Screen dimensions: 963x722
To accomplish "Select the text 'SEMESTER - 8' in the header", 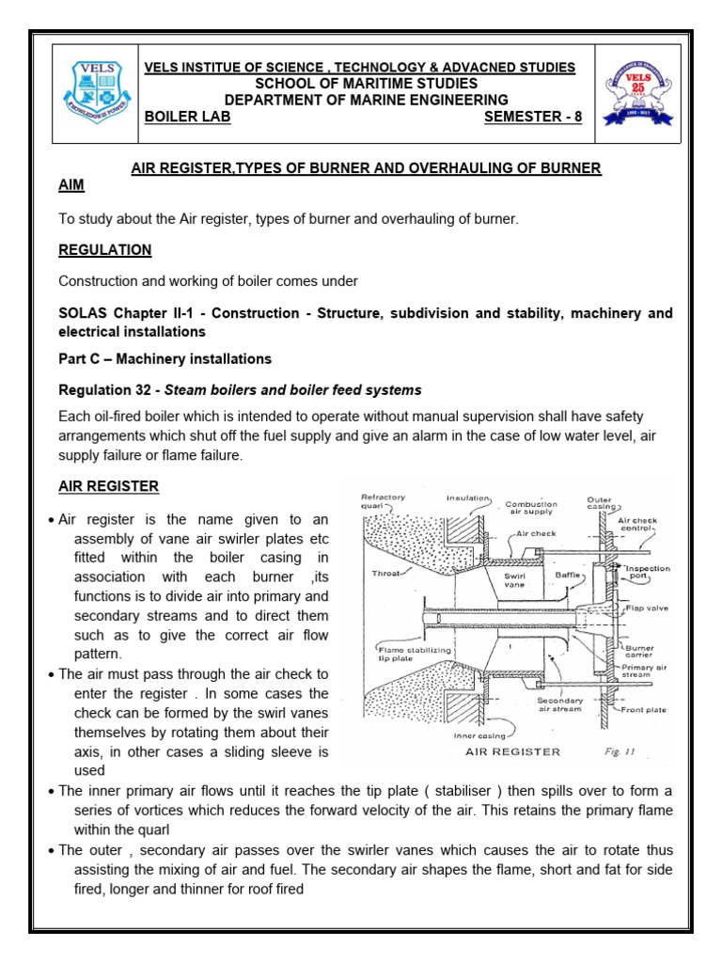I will pyautogui.click(x=533, y=117).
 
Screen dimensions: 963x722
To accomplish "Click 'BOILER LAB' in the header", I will pyautogui.click(x=186, y=117).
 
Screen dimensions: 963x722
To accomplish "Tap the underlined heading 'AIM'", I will pyautogui.click(x=71, y=185).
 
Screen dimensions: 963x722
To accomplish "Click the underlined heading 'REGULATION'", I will pyautogui.click(x=104, y=250).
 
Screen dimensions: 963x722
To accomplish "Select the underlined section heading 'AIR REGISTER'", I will pyautogui.click(x=108, y=486).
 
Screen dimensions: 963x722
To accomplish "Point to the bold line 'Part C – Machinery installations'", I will pyautogui.click(x=165, y=358).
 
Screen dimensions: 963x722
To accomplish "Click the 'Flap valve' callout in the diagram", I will pyautogui.click(x=646, y=608).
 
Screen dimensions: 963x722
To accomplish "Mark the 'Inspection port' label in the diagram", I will pyautogui.click(x=649, y=574).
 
